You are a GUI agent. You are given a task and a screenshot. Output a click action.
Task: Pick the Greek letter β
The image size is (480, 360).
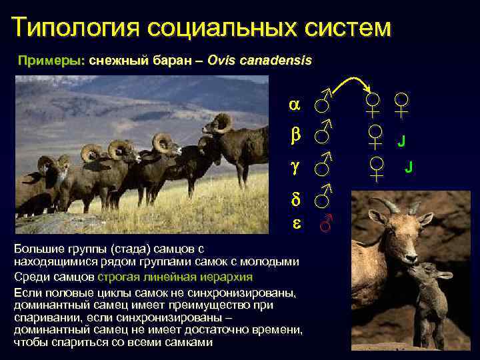(294, 135)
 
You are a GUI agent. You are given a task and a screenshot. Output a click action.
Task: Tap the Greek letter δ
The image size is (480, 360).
(294, 199)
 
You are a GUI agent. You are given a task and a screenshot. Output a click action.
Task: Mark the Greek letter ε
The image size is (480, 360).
(294, 225)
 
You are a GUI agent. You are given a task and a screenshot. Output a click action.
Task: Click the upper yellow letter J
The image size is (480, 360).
(401, 141)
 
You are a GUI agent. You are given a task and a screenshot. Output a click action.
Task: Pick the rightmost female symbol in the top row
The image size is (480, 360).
(401, 105)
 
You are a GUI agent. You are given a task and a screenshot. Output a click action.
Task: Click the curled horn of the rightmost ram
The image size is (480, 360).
(222, 122)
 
